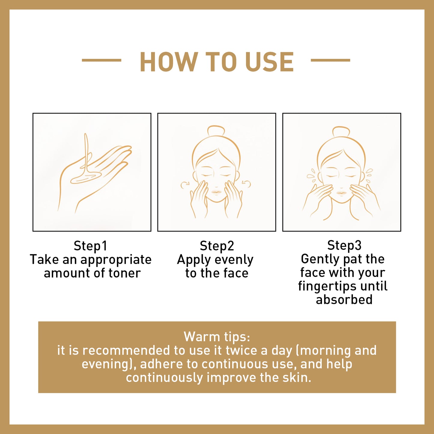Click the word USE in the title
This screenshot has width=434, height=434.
pyautogui.click(x=269, y=62)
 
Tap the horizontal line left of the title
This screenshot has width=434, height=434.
pyautogui.click(x=102, y=60)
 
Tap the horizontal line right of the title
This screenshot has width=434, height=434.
pyautogui.click(x=330, y=60)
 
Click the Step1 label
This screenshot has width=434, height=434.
pyautogui.click(x=90, y=246)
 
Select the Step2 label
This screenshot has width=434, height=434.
pyautogui.click(x=217, y=246)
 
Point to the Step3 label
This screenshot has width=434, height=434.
pyautogui.click(x=344, y=245)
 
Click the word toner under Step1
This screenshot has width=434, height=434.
pyautogui.click(x=125, y=273)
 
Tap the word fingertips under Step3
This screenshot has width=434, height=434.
pyautogui.click(x=328, y=286)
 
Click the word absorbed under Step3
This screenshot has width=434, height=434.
pyautogui.click(x=344, y=300)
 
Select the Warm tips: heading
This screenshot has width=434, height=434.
pyautogui.click(x=217, y=337)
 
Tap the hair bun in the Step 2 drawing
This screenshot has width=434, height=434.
pyautogui.click(x=216, y=131)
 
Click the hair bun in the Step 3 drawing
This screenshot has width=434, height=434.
pyautogui.click(x=341, y=132)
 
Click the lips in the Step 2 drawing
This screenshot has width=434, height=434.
pyautogui.click(x=216, y=192)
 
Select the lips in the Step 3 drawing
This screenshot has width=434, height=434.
pyautogui.click(x=341, y=193)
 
